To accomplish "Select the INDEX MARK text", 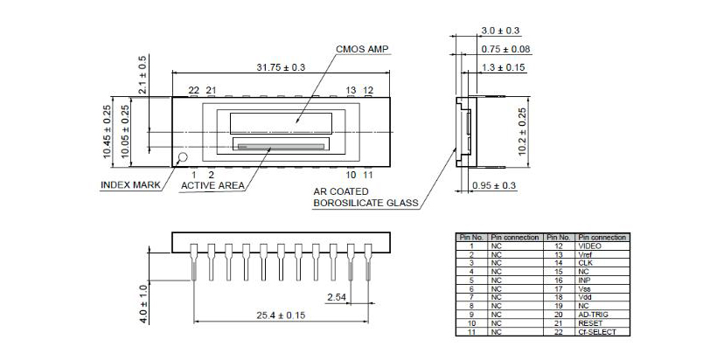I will [130, 185].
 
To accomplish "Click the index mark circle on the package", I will [183, 158].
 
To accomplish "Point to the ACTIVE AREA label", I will [212, 185].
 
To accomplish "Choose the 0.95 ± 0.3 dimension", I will [492, 186].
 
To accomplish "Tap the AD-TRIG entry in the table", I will [591, 315].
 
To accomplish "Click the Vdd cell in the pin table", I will [584, 298].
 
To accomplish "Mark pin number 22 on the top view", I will [193, 90].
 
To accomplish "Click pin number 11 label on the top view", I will [367, 175].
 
